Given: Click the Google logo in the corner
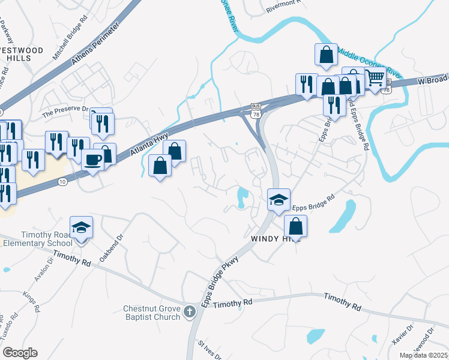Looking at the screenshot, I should pyautogui.click(x=19, y=353).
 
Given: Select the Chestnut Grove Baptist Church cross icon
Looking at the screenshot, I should pyautogui.click(x=190, y=311).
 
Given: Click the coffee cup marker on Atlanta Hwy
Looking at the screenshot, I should pyautogui.click(x=93, y=160).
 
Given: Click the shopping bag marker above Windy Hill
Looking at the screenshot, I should pyautogui.click(x=295, y=226).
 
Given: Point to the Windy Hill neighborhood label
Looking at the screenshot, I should pyautogui.click(x=274, y=239).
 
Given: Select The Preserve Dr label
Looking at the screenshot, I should pyautogui.click(x=65, y=112).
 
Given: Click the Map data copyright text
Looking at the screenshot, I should pyautogui.click(x=424, y=355).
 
